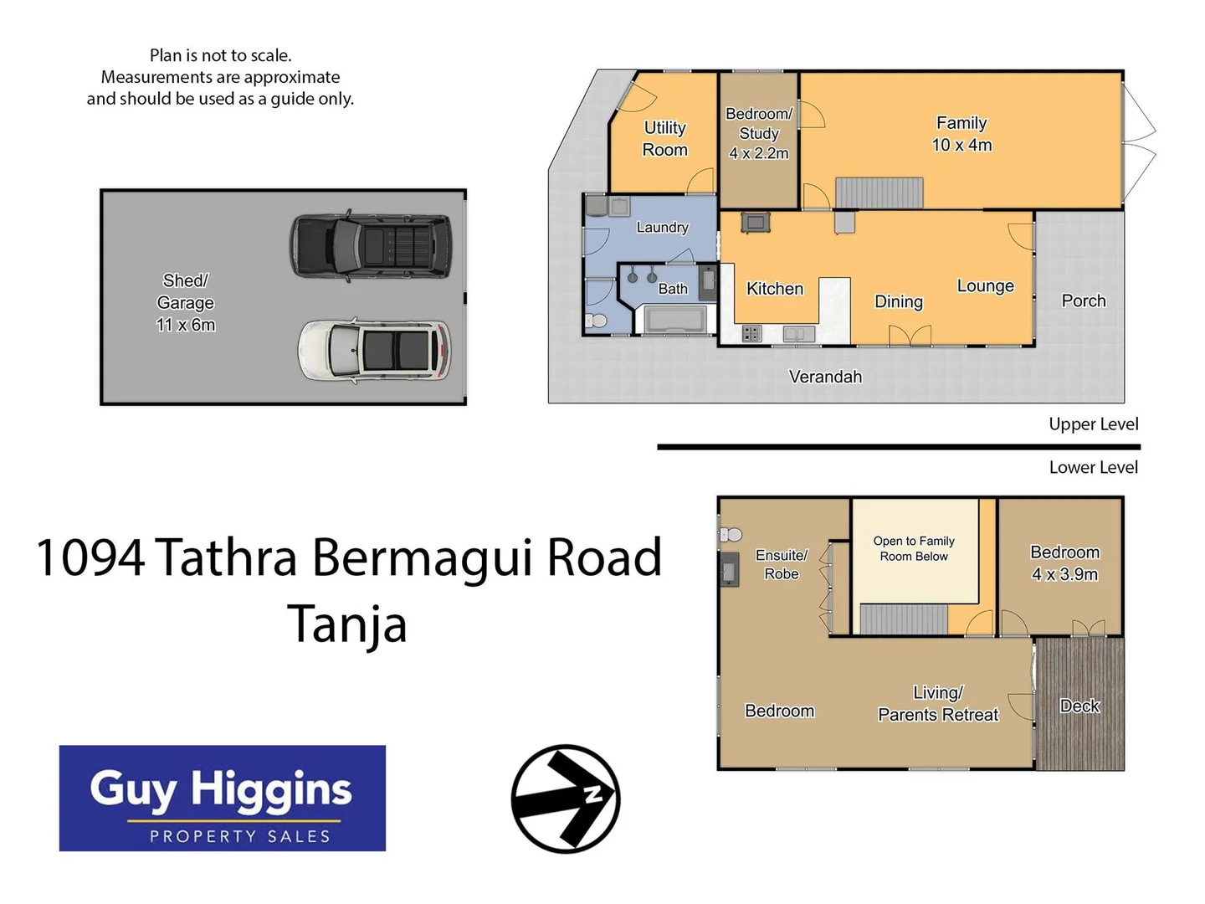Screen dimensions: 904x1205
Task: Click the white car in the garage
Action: (374, 350)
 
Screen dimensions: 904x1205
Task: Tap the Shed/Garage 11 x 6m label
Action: (186, 302)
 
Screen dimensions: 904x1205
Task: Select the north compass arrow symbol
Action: (566, 799)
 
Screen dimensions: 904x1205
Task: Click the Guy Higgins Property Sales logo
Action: (222, 799)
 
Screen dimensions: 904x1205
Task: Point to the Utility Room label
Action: (664, 139)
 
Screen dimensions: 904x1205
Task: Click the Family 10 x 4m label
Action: (961, 134)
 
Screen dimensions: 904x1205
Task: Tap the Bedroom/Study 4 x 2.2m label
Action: (758, 134)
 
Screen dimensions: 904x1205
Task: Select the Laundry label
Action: (662, 228)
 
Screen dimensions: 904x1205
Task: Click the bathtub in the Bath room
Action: (671, 320)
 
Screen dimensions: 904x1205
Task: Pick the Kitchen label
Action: (774, 289)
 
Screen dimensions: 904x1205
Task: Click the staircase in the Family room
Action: (879, 193)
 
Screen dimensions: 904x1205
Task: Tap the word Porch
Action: (1083, 300)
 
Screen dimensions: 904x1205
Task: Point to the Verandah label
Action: (825, 377)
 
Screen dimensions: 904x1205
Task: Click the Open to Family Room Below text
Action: (913, 548)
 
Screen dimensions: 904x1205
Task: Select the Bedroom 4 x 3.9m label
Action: (1064, 563)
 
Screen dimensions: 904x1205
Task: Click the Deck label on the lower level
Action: (1079, 706)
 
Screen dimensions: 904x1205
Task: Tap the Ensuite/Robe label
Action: (781, 564)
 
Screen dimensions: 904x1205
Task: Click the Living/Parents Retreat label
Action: (937, 704)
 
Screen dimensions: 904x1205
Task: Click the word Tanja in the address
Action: (346, 624)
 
